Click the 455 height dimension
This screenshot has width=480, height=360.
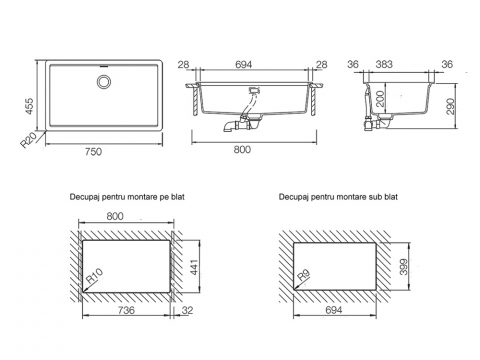[30, 106]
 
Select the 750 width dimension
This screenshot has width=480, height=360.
[93, 152]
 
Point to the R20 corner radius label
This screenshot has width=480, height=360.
[28, 140]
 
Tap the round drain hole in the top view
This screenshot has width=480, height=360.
[104, 82]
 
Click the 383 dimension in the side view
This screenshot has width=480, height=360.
[384, 64]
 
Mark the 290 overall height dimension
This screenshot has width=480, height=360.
[450, 106]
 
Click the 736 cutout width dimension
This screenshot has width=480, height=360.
[126, 310]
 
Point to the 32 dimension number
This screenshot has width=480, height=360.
[187, 310]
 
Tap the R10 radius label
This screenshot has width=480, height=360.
[94, 276]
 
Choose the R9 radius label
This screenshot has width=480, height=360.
[303, 275]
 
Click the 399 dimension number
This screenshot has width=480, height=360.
[404, 267]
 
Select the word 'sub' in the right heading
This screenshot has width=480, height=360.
[375, 197]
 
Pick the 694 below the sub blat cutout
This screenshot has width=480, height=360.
[334, 310]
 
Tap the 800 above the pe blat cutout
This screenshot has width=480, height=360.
[115, 216]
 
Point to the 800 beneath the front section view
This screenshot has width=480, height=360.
[242, 149]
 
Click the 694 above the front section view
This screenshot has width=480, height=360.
[243, 64]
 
